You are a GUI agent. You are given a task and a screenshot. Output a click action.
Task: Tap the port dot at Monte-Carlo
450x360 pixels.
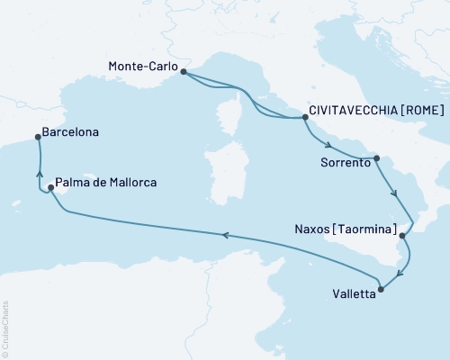point(183,72)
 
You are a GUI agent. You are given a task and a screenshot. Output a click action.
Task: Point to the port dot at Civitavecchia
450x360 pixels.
point(304,117)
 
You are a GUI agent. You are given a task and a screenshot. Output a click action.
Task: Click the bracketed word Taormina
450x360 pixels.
point(364,229)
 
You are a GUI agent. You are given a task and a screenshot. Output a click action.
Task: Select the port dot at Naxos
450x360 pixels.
point(402,236)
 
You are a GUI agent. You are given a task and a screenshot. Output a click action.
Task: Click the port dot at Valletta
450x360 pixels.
point(381,289)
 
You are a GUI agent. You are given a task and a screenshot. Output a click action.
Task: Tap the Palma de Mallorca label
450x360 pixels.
point(106,182)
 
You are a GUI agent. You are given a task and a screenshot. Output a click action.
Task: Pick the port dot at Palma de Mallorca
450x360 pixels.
point(50,188)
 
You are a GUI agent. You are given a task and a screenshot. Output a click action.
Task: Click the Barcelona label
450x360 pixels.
point(71,131)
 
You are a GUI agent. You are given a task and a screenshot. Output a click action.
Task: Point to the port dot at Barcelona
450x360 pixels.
point(37,137)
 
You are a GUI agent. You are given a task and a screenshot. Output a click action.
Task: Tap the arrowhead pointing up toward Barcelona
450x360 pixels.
point(39,164)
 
